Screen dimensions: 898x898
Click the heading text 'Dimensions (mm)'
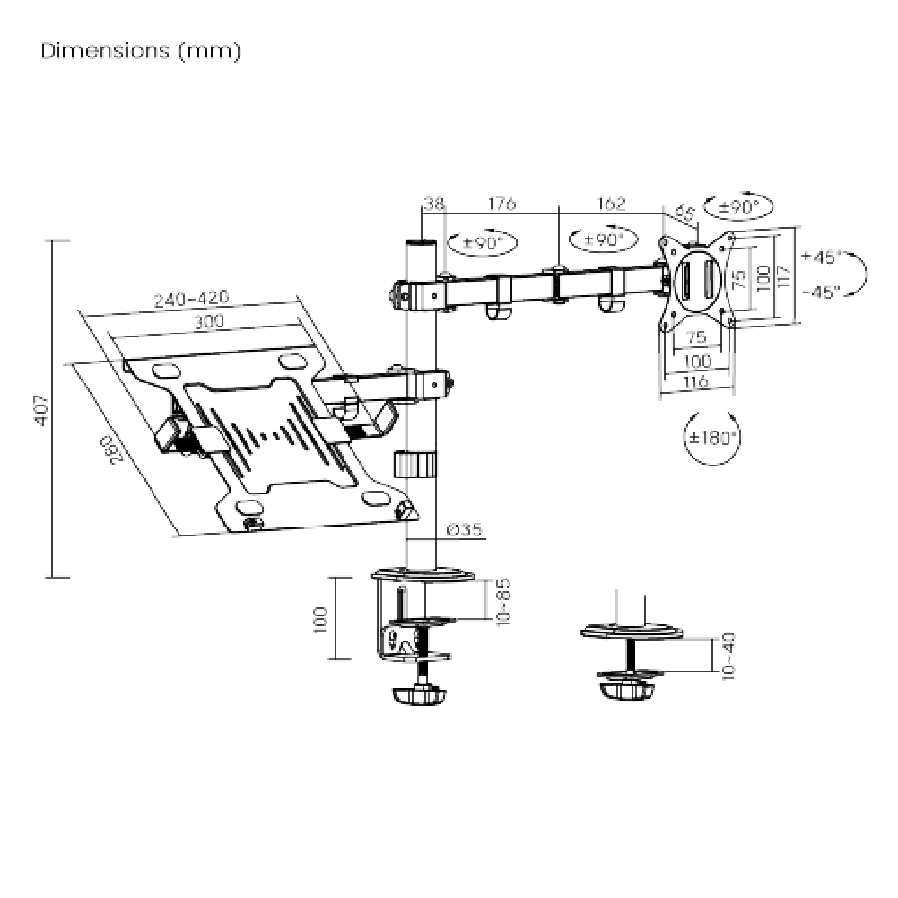(141, 51)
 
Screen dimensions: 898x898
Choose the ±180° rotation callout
(713, 439)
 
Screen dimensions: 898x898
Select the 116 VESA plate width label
(696, 382)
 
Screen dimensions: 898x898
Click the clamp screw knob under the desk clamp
(418, 695)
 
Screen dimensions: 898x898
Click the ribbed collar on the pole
(414, 466)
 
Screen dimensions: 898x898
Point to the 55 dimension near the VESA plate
(685, 214)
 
